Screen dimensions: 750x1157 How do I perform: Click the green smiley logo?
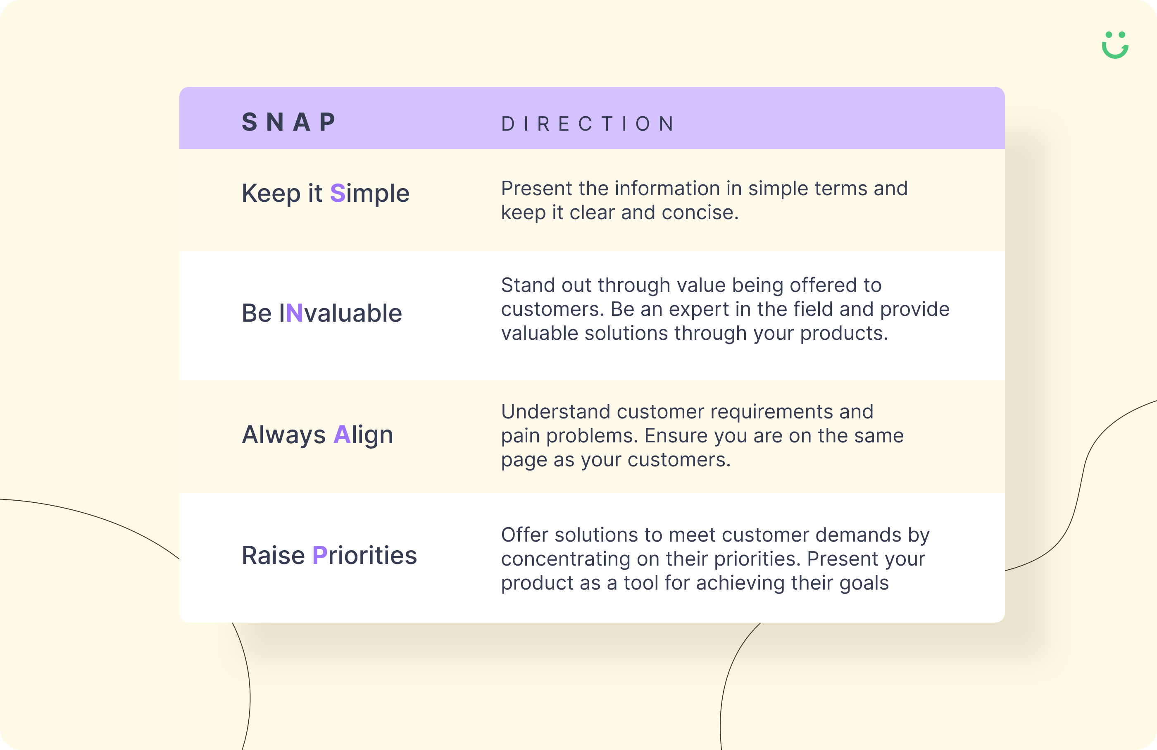pos(1115,45)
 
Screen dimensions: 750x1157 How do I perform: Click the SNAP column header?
pos(289,122)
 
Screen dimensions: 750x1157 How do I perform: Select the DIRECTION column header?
pos(588,124)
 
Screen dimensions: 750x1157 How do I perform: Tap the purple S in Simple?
pos(337,193)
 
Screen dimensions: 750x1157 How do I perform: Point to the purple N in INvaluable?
pos(295,313)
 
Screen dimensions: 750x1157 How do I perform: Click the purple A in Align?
pos(342,435)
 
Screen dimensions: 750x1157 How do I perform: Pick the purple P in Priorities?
pos(319,555)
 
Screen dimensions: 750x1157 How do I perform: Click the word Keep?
pos(271,193)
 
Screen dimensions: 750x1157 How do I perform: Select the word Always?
pos(283,435)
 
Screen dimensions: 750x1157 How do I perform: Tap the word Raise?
pos(273,555)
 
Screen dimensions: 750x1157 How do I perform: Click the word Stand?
pos(527,285)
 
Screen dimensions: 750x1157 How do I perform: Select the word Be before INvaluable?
pos(256,313)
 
